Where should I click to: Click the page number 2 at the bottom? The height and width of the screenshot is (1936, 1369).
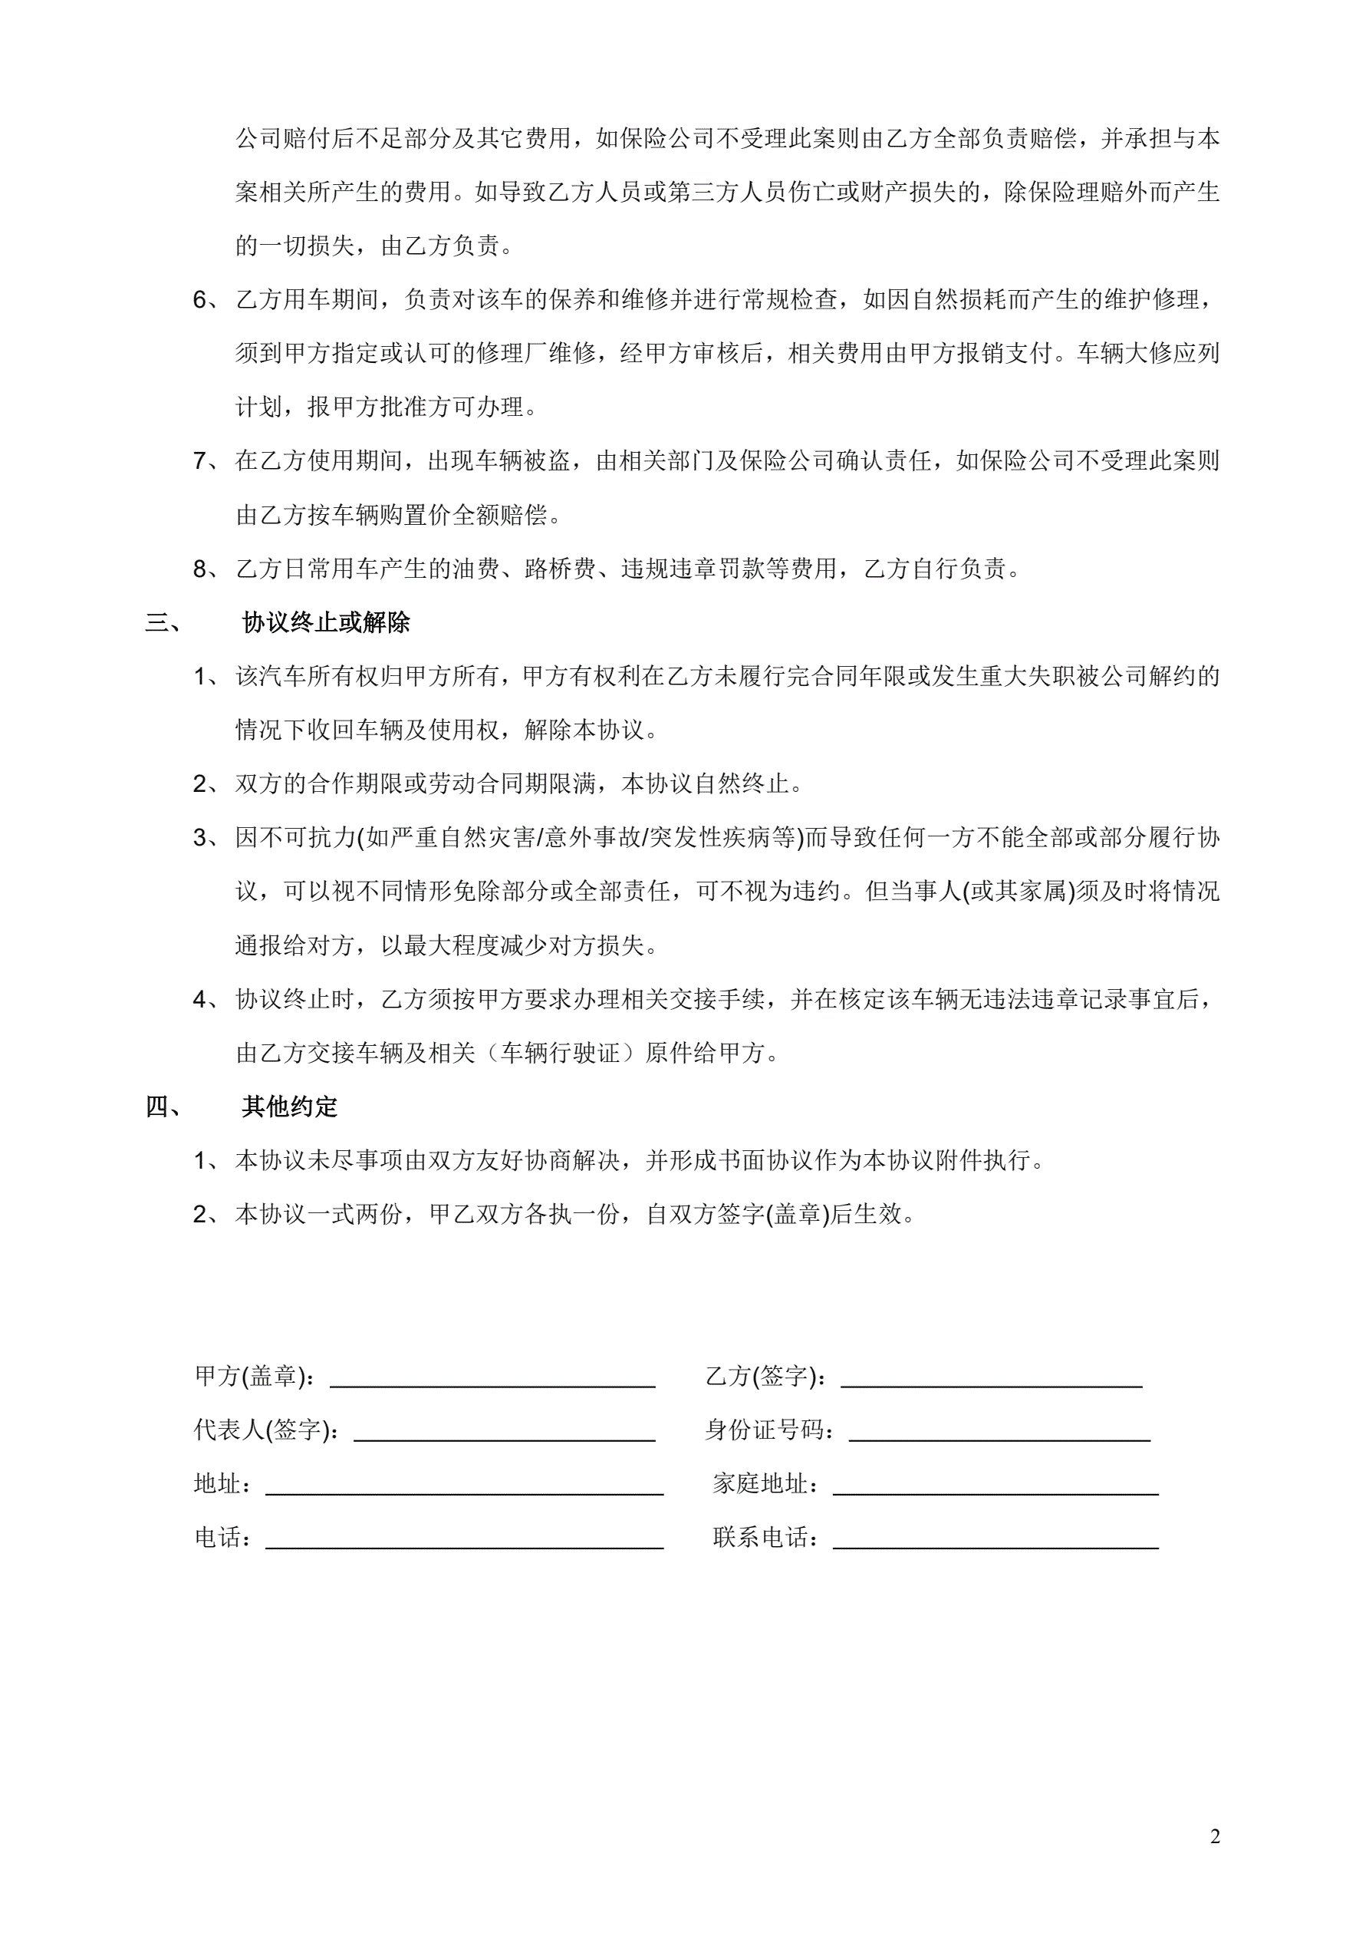[x=1215, y=1836]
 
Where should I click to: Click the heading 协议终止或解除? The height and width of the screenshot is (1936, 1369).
[x=325, y=622]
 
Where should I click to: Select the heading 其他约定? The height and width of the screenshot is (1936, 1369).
[x=289, y=1107]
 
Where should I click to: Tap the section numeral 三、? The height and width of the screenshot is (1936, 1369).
[x=163, y=623]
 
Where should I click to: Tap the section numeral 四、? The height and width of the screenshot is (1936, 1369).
[x=163, y=1107]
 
